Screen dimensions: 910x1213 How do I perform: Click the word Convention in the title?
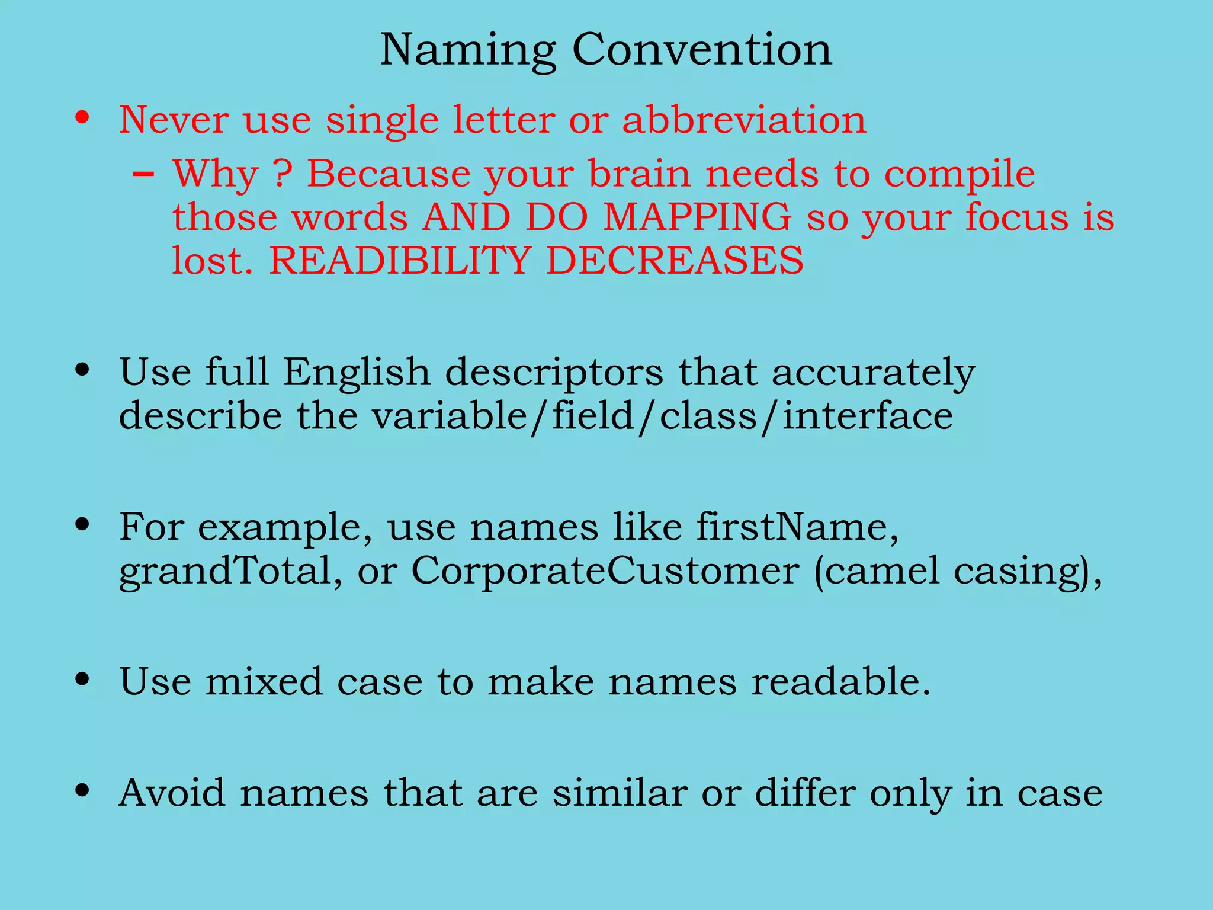coord(702,49)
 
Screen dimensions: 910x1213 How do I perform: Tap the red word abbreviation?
coord(744,120)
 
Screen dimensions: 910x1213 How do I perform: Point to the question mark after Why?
coord(283,174)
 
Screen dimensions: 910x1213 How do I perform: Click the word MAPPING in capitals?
coord(697,217)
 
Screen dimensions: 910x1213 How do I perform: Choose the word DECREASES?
coord(675,260)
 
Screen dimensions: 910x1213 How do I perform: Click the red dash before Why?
coord(144,175)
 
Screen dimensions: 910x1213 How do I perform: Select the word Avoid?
coord(172,792)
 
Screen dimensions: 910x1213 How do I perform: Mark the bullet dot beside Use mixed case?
coord(82,679)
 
